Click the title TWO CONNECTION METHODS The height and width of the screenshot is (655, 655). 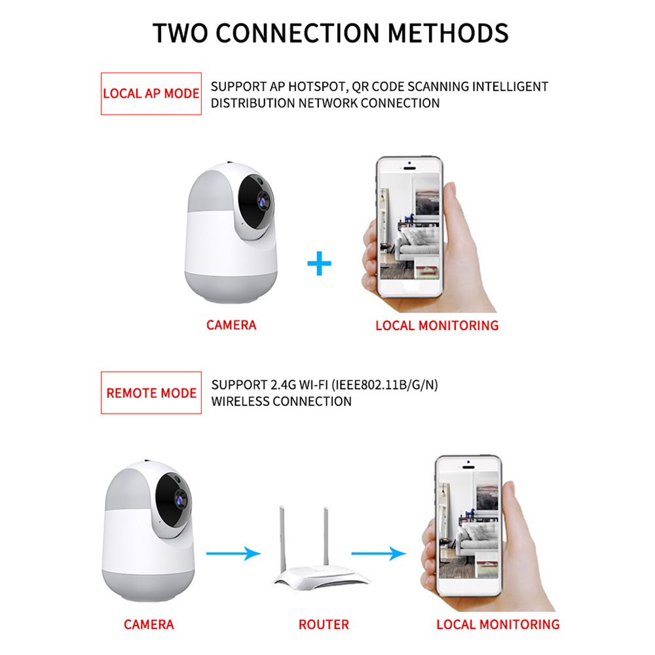pos(330,33)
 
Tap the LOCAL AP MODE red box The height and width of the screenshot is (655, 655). pos(151,94)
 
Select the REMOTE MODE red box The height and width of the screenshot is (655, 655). pos(151,392)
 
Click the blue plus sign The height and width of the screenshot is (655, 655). pos(319,263)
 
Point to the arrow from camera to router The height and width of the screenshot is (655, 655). pos(234,553)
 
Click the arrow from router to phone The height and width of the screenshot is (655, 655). pos(379,553)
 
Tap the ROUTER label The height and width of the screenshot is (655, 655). pos(324,624)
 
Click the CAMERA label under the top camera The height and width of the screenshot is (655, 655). pos(231,325)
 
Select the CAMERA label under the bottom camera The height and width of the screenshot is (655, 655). pos(149,624)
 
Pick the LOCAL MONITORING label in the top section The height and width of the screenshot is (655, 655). pos(437,326)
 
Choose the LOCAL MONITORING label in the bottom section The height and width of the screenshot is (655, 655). pos(498,624)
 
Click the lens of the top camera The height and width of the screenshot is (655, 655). pos(263,201)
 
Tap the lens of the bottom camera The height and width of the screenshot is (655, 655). pos(181,498)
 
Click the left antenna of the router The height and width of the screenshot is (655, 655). pos(282,537)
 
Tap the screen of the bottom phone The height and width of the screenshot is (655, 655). pos(468,525)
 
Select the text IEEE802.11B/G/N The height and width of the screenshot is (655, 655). pos(384,384)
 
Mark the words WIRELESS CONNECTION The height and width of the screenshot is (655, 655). pos(282,402)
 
